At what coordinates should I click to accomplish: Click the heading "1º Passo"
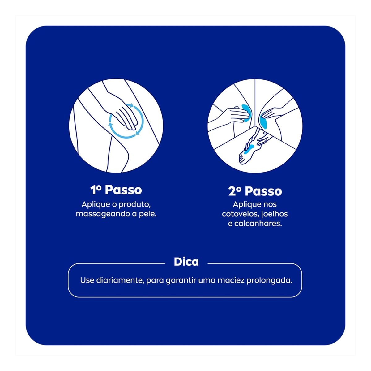coord(116,190)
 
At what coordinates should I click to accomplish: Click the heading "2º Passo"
coord(255,191)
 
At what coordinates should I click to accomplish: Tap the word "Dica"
coord(186,262)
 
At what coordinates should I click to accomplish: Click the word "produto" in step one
coord(134,205)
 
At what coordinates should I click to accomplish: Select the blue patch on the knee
coord(264,122)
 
